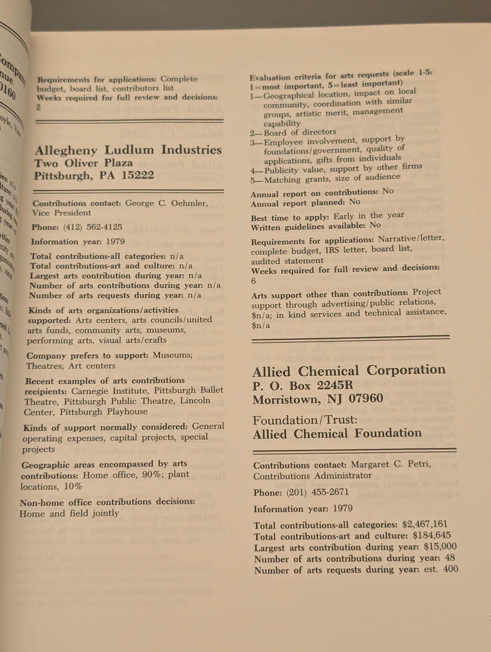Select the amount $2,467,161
point(425,524)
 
